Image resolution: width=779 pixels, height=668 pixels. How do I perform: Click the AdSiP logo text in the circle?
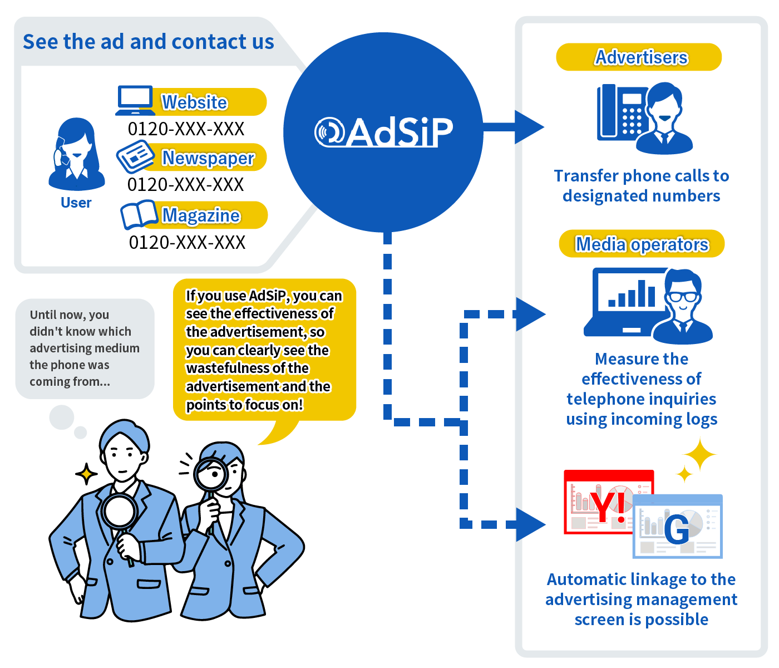[x=383, y=131]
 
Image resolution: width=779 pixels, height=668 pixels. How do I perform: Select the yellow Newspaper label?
[x=205, y=157]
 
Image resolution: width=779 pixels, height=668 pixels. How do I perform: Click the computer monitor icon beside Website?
[x=135, y=100]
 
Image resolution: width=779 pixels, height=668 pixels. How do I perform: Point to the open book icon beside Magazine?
[x=139, y=214]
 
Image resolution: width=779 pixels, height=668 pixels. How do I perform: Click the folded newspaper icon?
[x=135, y=156]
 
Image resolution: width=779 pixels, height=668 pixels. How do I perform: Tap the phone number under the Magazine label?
[x=187, y=242]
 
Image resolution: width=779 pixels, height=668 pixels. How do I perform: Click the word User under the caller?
[x=76, y=203]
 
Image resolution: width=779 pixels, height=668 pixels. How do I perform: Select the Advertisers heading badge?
[x=638, y=57]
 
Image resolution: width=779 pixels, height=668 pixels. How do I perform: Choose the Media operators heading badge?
[x=641, y=243]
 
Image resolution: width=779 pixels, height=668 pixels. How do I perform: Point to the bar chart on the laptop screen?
[x=632, y=293]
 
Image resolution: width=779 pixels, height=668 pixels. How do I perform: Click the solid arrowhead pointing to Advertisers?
[x=529, y=127]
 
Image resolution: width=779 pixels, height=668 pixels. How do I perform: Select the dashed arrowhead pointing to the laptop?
[x=531, y=314]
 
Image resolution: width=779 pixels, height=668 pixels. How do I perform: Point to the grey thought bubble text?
[x=85, y=348]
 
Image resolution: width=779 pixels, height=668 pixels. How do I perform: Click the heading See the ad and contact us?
[x=148, y=41]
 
